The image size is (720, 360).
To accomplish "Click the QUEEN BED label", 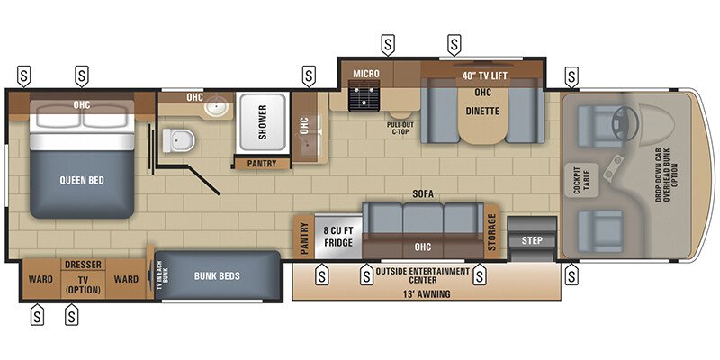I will tap(83, 180).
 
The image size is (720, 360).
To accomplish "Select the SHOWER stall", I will tap(263, 123).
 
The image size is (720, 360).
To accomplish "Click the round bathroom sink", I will tap(216, 109).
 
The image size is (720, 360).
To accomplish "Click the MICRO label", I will tap(365, 73).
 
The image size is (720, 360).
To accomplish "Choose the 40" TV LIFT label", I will tap(485, 76).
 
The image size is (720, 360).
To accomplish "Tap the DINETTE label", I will tap(482, 112).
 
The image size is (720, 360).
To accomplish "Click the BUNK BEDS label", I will tap(217, 275).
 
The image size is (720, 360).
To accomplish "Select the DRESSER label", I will tap(82, 265).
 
